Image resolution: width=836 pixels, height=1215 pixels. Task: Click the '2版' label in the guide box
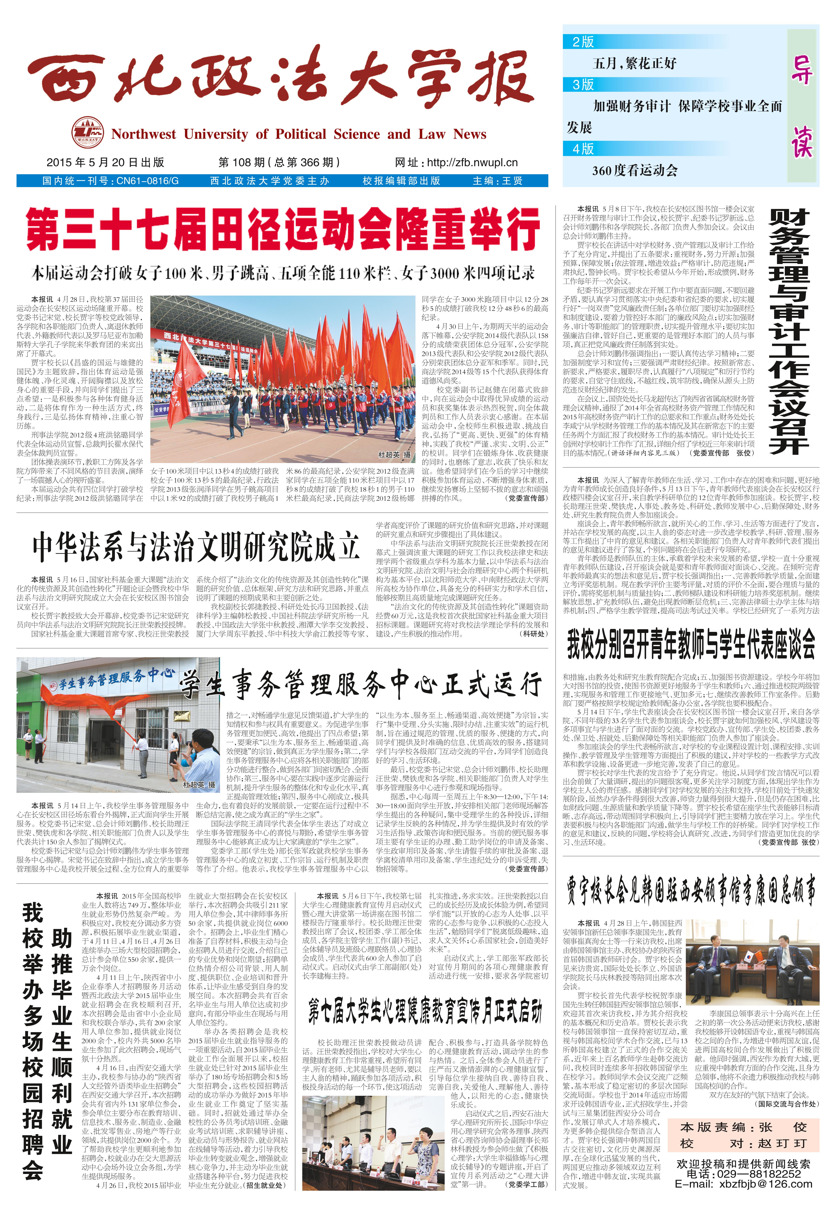[x=583, y=42]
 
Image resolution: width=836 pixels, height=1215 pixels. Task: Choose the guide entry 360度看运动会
[x=635, y=170]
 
